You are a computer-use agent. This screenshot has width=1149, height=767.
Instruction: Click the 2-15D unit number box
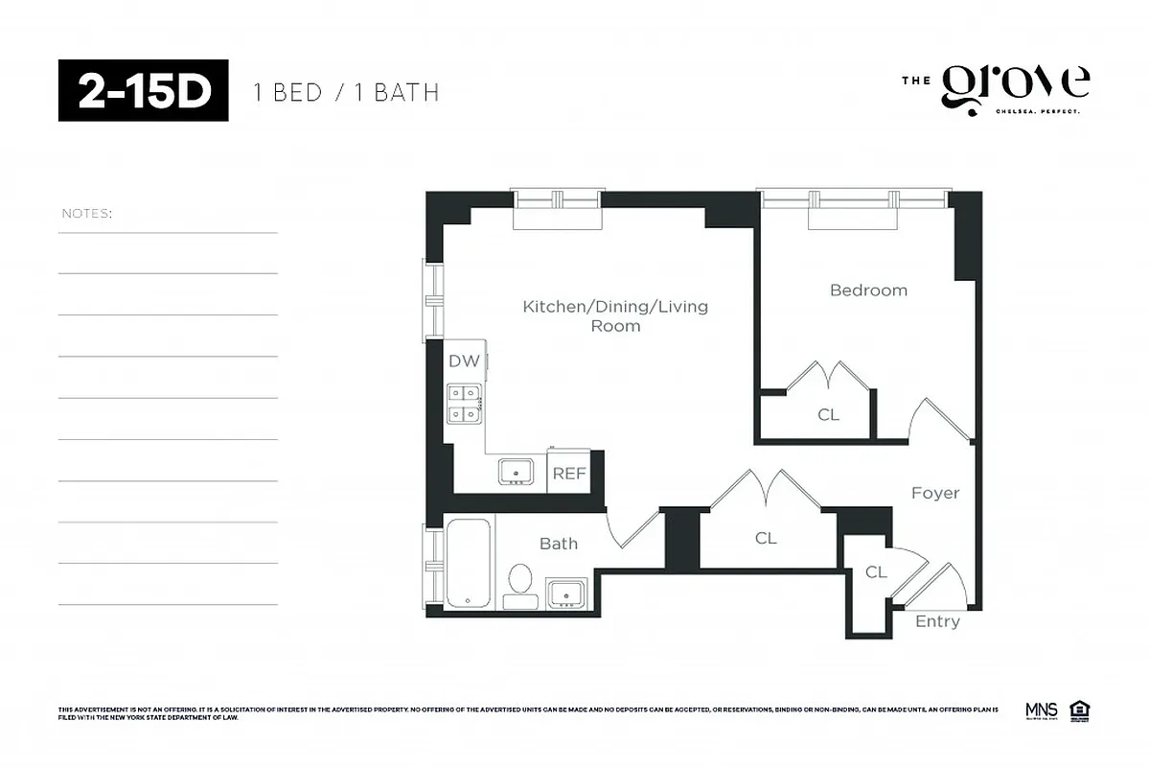[143, 90]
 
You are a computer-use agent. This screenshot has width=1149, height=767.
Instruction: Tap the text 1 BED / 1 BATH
[345, 93]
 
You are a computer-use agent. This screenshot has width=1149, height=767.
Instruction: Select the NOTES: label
[86, 213]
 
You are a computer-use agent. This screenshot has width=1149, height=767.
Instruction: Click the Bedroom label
[868, 290]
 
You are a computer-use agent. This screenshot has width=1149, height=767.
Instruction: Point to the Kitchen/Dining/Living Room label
[615, 315]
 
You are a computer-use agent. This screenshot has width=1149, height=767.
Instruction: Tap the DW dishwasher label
[464, 361]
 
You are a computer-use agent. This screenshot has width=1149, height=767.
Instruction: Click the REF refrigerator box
[569, 474]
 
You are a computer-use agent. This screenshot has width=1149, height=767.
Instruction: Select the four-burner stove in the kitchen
[465, 403]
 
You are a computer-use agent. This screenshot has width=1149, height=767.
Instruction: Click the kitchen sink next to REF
[517, 471]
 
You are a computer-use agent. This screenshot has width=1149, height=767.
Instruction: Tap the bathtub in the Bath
[469, 562]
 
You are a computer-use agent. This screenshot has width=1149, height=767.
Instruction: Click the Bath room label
[558, 544]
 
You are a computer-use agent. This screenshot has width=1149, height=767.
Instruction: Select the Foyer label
[934, 493]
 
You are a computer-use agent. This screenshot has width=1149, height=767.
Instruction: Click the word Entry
[936, 621]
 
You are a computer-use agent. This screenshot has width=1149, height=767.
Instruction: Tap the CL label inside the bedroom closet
[828, 415]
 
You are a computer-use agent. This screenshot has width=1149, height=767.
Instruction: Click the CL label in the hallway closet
[765, 539]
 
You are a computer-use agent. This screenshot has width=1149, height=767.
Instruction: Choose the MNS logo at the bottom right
[1041, 710]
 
